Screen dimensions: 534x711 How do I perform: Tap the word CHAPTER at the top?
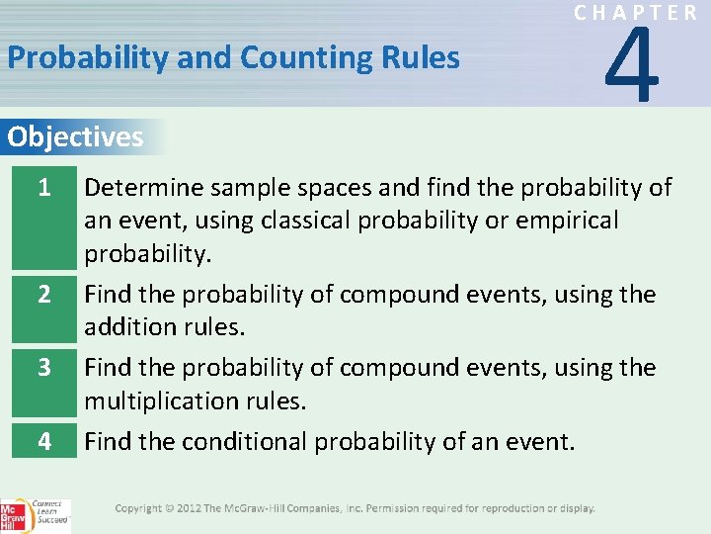636,13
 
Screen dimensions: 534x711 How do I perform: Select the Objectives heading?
75,136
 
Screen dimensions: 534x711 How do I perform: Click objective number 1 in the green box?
42,186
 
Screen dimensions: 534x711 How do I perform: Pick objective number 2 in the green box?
42,295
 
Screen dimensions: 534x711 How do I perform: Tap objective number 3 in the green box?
42,367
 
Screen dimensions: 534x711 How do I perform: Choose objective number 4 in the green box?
42,440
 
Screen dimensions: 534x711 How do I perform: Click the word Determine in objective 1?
144,187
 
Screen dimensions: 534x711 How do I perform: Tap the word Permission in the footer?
396,508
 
